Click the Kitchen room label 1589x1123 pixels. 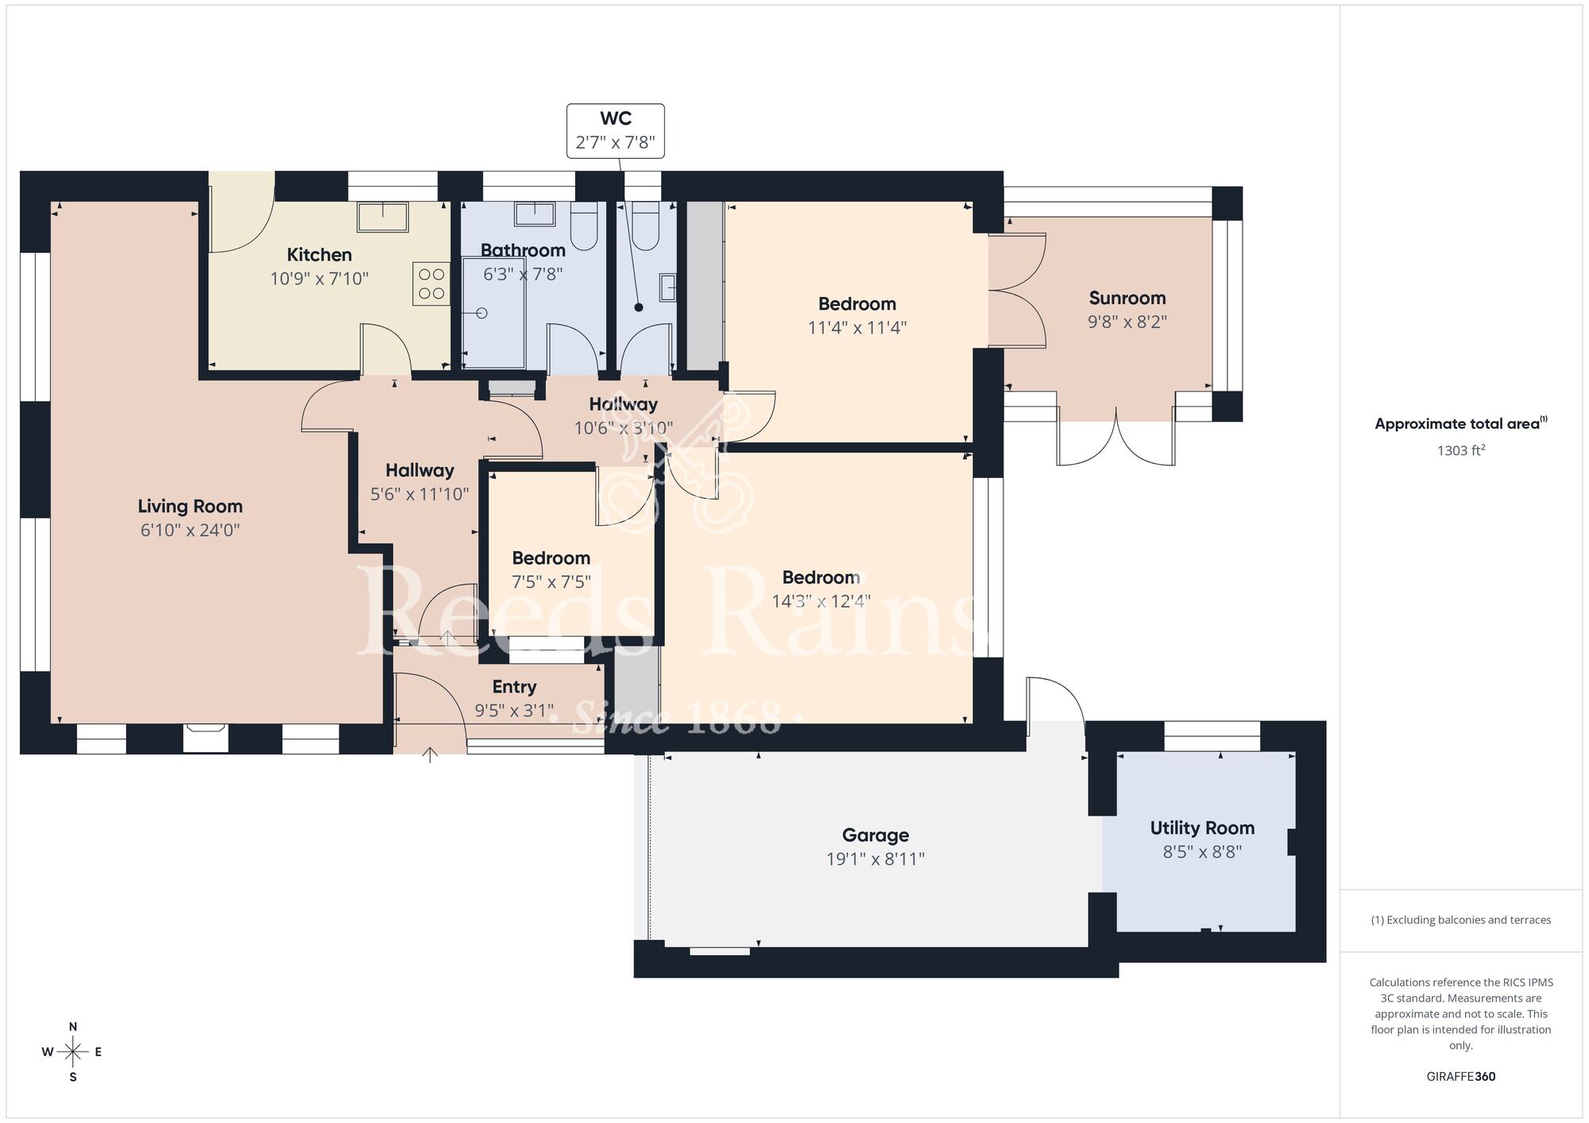coord(319,255)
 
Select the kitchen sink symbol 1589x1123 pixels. coord(382,217)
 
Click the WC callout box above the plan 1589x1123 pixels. coord(615,131)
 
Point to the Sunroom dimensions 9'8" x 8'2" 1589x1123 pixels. coord(1127,322)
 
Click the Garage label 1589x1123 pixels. coord(875,835)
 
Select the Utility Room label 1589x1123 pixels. coord(1201,828)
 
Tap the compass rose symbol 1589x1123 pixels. coord(73,1052)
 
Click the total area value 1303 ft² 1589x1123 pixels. coord(1460,450)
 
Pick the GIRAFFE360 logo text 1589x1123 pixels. coord(1460,1076)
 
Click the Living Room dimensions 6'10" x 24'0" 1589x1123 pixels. coord(190,530)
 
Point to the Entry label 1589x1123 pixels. coord(514,686)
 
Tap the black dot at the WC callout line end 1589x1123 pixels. coord(639,307)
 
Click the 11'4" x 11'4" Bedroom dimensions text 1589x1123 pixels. coord(856,327)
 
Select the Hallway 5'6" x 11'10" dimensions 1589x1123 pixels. coord(419,494)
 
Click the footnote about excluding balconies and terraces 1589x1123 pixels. coord(1460,920)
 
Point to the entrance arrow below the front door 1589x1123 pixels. coord(430,754)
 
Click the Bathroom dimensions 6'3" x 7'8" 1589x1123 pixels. coord(523,274)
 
